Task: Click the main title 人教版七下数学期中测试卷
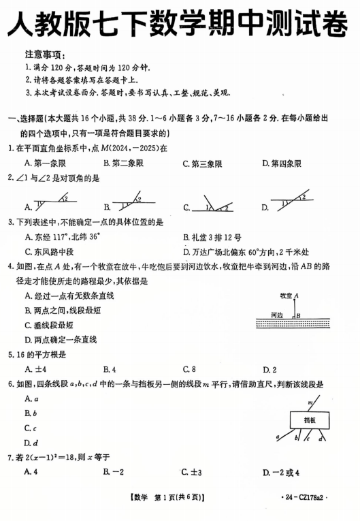pos(180,25)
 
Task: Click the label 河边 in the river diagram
pos(277,315)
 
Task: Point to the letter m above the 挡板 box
pos(310,402)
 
